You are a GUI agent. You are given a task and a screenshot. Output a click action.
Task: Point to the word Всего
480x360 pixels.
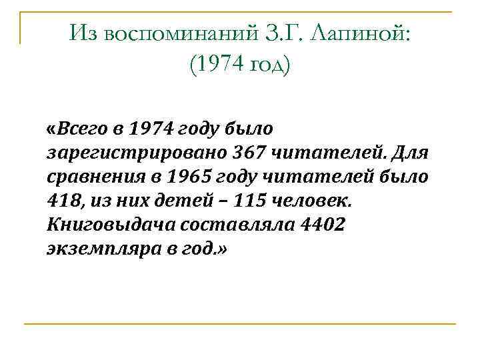pos(84,128)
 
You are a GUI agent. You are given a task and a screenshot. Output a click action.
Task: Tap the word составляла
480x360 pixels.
pos(241,226)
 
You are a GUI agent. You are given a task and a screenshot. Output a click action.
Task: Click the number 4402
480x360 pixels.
pos(323,226)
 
